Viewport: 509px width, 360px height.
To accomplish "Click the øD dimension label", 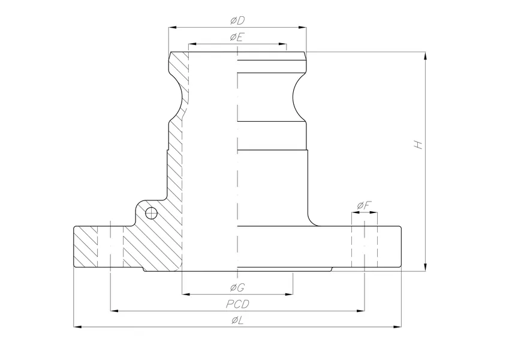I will tap(237, 21).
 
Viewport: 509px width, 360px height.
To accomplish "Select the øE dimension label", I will tap(237, 37).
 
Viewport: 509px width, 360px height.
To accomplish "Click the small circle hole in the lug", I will tap(151, 212).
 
